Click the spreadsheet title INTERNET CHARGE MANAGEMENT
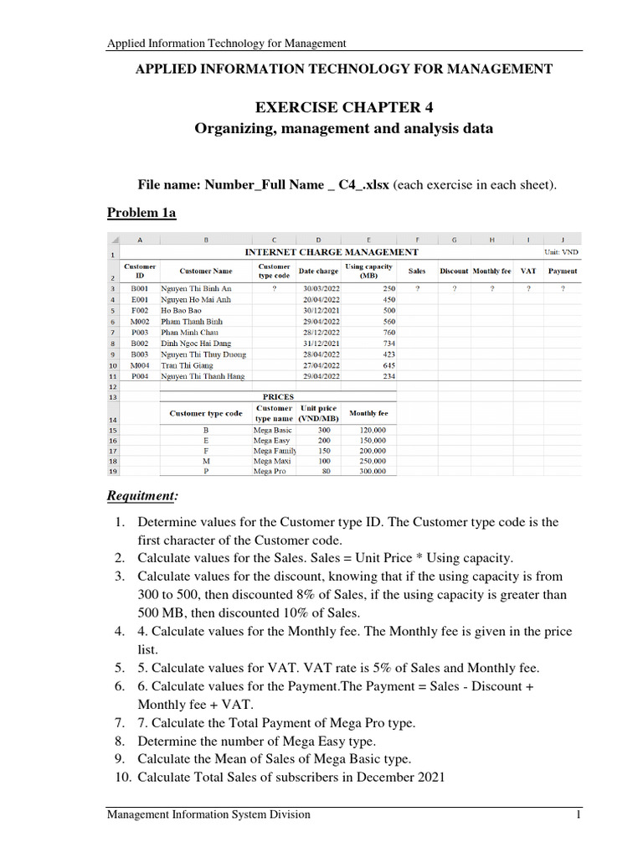click(331, 252)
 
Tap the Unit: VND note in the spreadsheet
click(561, 251)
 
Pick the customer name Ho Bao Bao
click(183, 310)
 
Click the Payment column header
click(562, 271)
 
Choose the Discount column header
click(454, 271)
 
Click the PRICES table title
click(278, 396)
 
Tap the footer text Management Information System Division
click(208, 814)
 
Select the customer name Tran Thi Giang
click(188, 365)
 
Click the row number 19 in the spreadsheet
click(111, 472)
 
